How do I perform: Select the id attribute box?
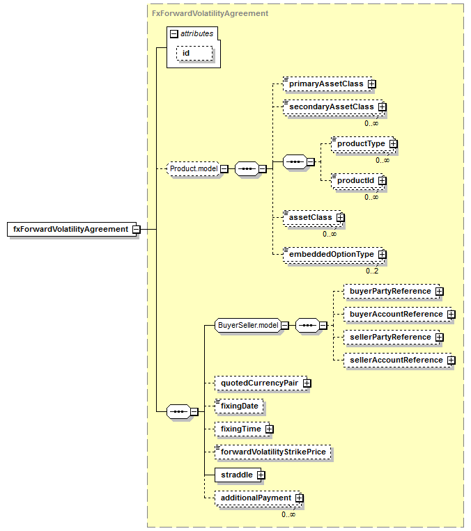point(194,54)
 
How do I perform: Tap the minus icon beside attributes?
point(174,34)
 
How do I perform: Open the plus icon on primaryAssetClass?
point(372,84)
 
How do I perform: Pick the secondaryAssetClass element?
point(334,107)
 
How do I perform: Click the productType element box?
point(363,144)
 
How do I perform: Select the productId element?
point(357,181)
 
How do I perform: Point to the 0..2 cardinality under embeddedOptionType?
point(372,271)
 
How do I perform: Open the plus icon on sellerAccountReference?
point(451,360)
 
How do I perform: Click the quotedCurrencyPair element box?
point(261,383)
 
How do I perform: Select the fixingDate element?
point(239,406)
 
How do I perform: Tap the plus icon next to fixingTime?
point(269,429)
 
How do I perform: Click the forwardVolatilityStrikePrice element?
point(273,452)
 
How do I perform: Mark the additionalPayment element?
point(258,498)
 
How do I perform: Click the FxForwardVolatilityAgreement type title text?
point(210,13)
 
